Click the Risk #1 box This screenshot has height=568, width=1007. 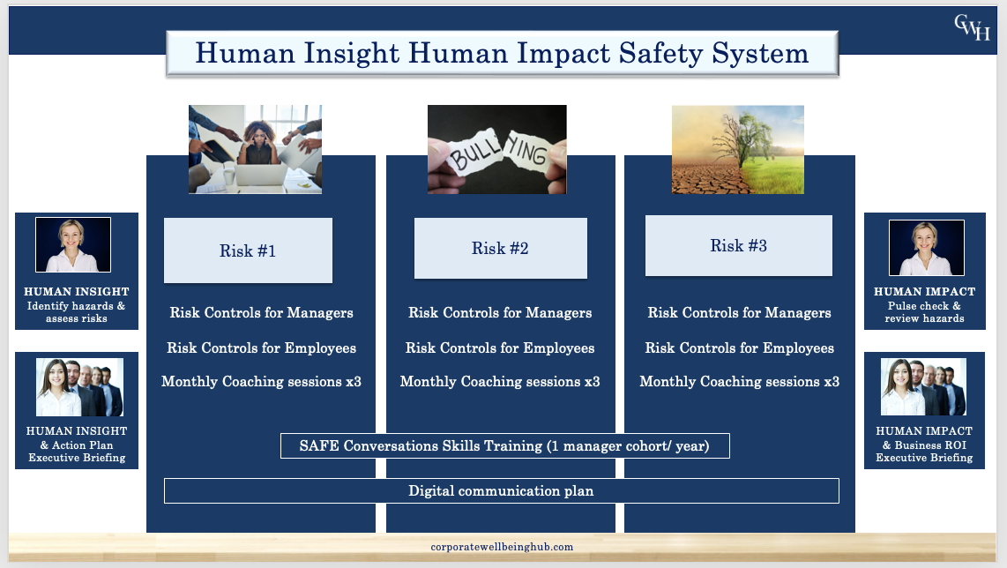pyautogui.click(x=248, y=250)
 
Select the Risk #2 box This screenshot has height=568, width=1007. pyautogui.click(x=500, y=248)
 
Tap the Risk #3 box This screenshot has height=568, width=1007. pyautogui.click(x=739, y=245)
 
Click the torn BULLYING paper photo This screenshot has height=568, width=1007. pyautogui.click(x=497, y=150)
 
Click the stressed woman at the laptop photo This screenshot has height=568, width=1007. pyautogui.click(x=255, y=150)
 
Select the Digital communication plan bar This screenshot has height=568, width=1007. pyautogui.click(x=502, y=491)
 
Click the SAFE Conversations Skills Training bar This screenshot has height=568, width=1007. pyautogui.click(x=504, y=446)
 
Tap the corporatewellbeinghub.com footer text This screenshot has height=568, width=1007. pyautogui.click(x=502, y=547)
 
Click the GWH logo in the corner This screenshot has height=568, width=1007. pyautogui.click(x=972, y=27)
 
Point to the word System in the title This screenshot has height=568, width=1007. pyautogui.click(x=760, y=53)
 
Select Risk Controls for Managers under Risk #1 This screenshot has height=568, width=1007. pyautogui.click(x=261, y=313)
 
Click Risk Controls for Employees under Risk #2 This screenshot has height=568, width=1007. pyautogui.click(x=500, y=348)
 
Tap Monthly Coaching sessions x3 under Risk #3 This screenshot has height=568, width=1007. pyautogui.click(x=740, y=382)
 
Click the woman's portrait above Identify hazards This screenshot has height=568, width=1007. pyautogui.click(x=73, y=244)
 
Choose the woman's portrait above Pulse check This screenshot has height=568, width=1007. pyautogui.click(x=926, y=247)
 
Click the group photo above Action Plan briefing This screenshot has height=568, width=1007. pyautogui.click(x=79, y=387)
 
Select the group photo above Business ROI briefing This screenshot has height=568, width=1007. pyautogui.click(x=923, y=387)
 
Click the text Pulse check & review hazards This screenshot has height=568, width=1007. pyautogui.click(x=925, y=312)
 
